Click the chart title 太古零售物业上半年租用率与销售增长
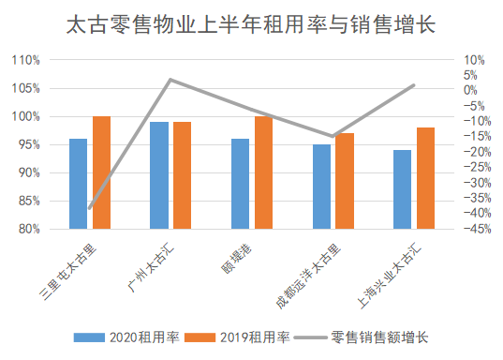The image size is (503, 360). tap(252, 23)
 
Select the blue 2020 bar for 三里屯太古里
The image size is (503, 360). tap(78, 184)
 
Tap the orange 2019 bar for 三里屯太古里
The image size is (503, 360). tap(101, 172)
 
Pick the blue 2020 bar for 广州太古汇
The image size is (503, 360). tap(159, 175)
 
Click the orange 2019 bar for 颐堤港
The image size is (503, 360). tap(263, 172)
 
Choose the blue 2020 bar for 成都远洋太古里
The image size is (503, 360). tap(321, 187)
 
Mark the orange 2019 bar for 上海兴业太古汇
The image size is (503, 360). tap(426, 178)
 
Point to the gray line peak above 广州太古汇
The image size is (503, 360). tap(170, 80)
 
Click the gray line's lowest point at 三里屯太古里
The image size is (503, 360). tap(90, 208)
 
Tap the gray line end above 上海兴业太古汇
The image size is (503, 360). tap(414, 85)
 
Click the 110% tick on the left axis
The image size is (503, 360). tap(25, 60)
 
